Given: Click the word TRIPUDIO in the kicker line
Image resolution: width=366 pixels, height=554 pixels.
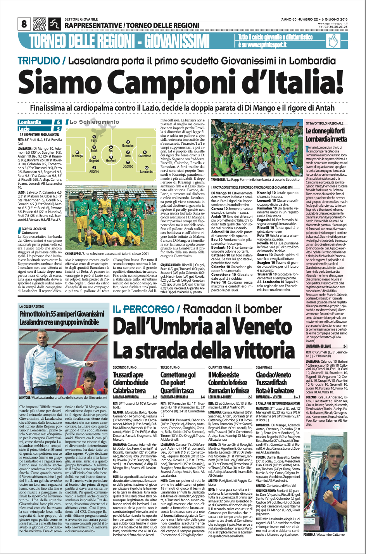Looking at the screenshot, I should pos(40,61).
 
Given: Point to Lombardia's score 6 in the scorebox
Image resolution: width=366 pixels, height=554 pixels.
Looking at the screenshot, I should pos(57,123).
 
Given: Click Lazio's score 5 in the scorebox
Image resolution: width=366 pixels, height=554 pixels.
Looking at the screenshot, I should pos(57,128).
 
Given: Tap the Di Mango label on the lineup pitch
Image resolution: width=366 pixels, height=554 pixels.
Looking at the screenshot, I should pos(77,156).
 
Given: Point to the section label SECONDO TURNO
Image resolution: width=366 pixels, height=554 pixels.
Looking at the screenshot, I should pos(124,367).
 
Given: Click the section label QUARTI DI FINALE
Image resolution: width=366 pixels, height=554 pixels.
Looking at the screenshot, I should pos(220,367).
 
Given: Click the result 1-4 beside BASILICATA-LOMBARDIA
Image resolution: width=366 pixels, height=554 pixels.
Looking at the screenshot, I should pos(202,397).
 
